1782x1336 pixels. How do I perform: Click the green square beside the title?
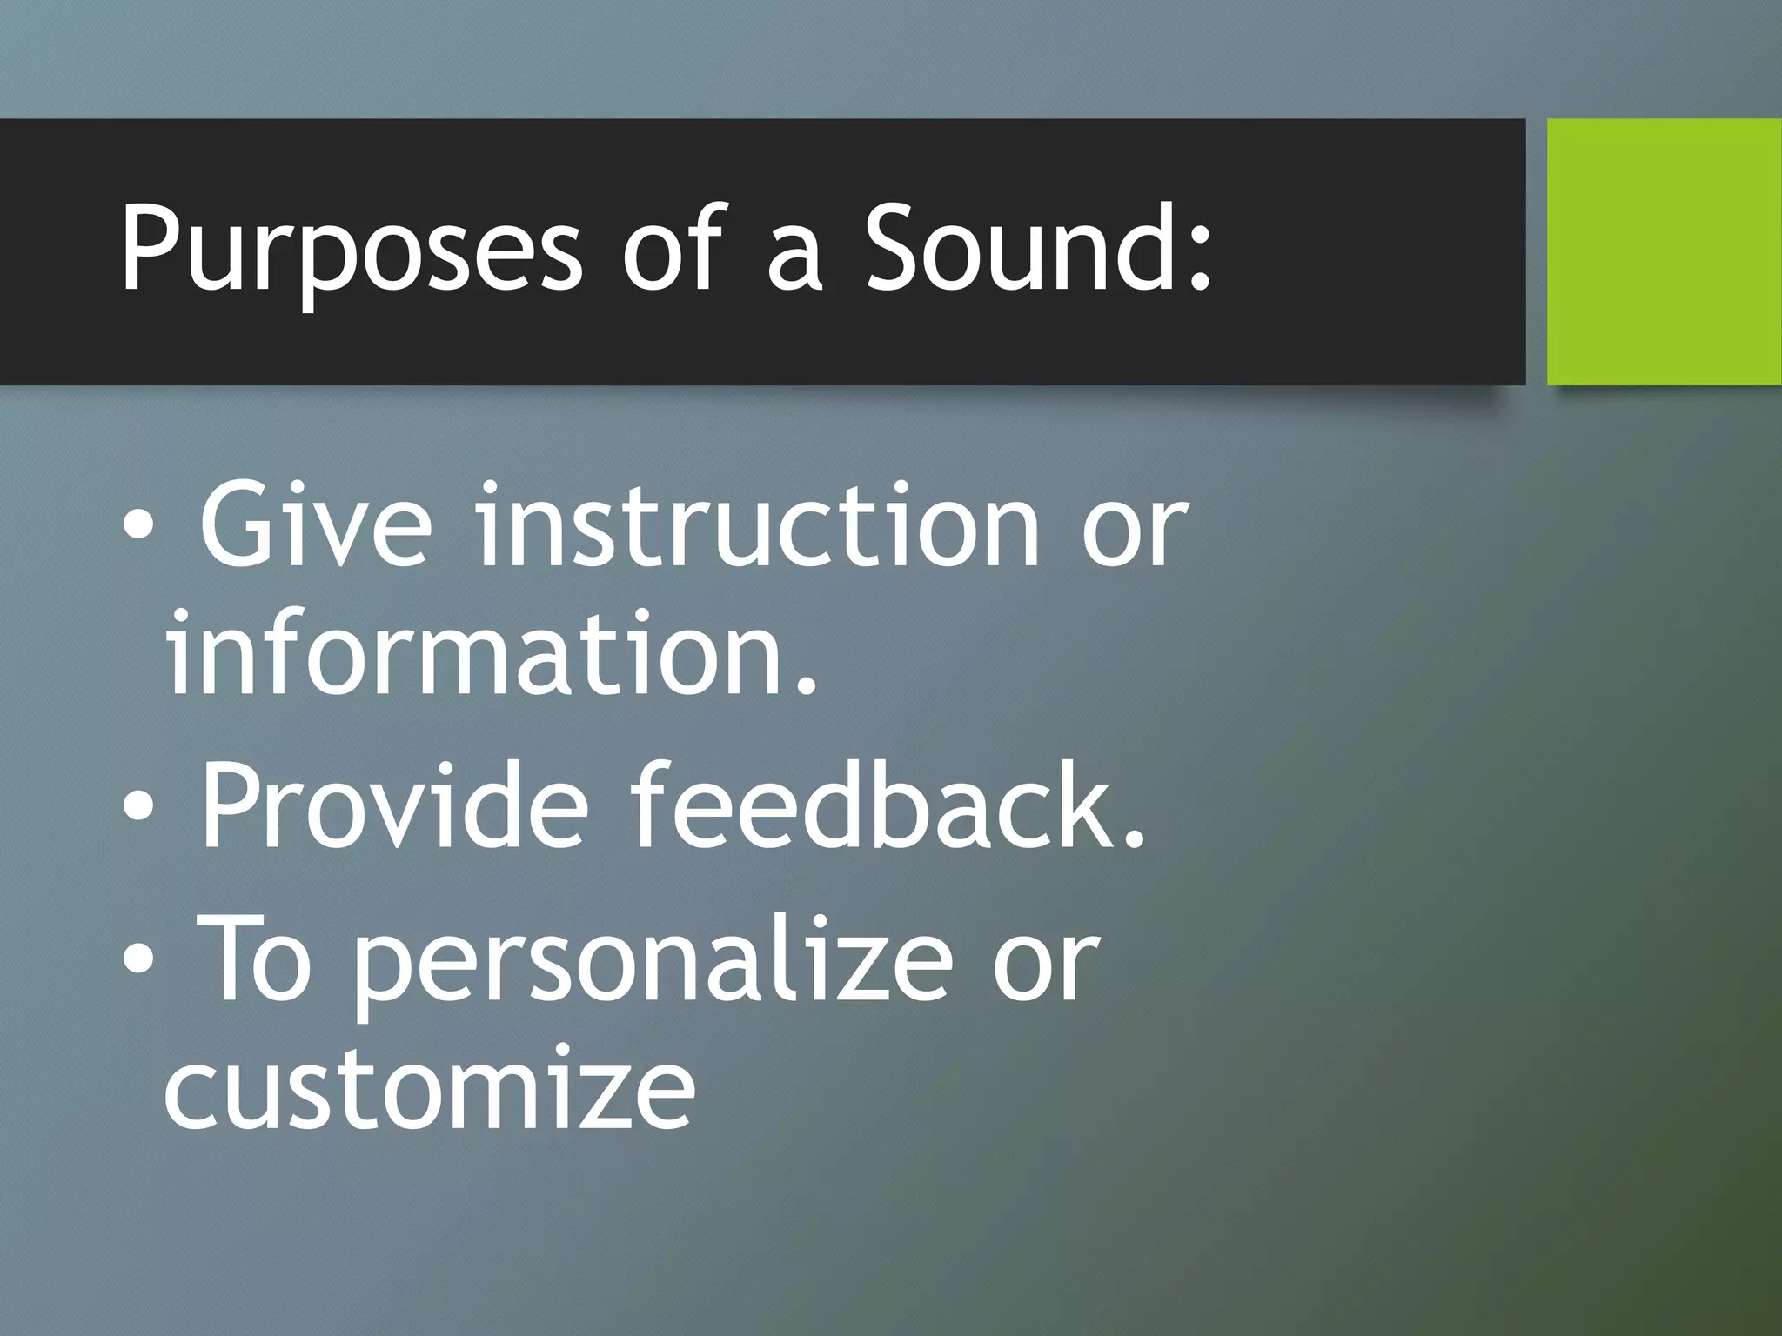pyautogui.click(x=1664, y=251)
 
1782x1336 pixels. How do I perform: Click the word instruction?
pyautogui.click(x=757, y=526)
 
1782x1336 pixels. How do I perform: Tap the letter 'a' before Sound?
pyautogui.click(x=794, y=261)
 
